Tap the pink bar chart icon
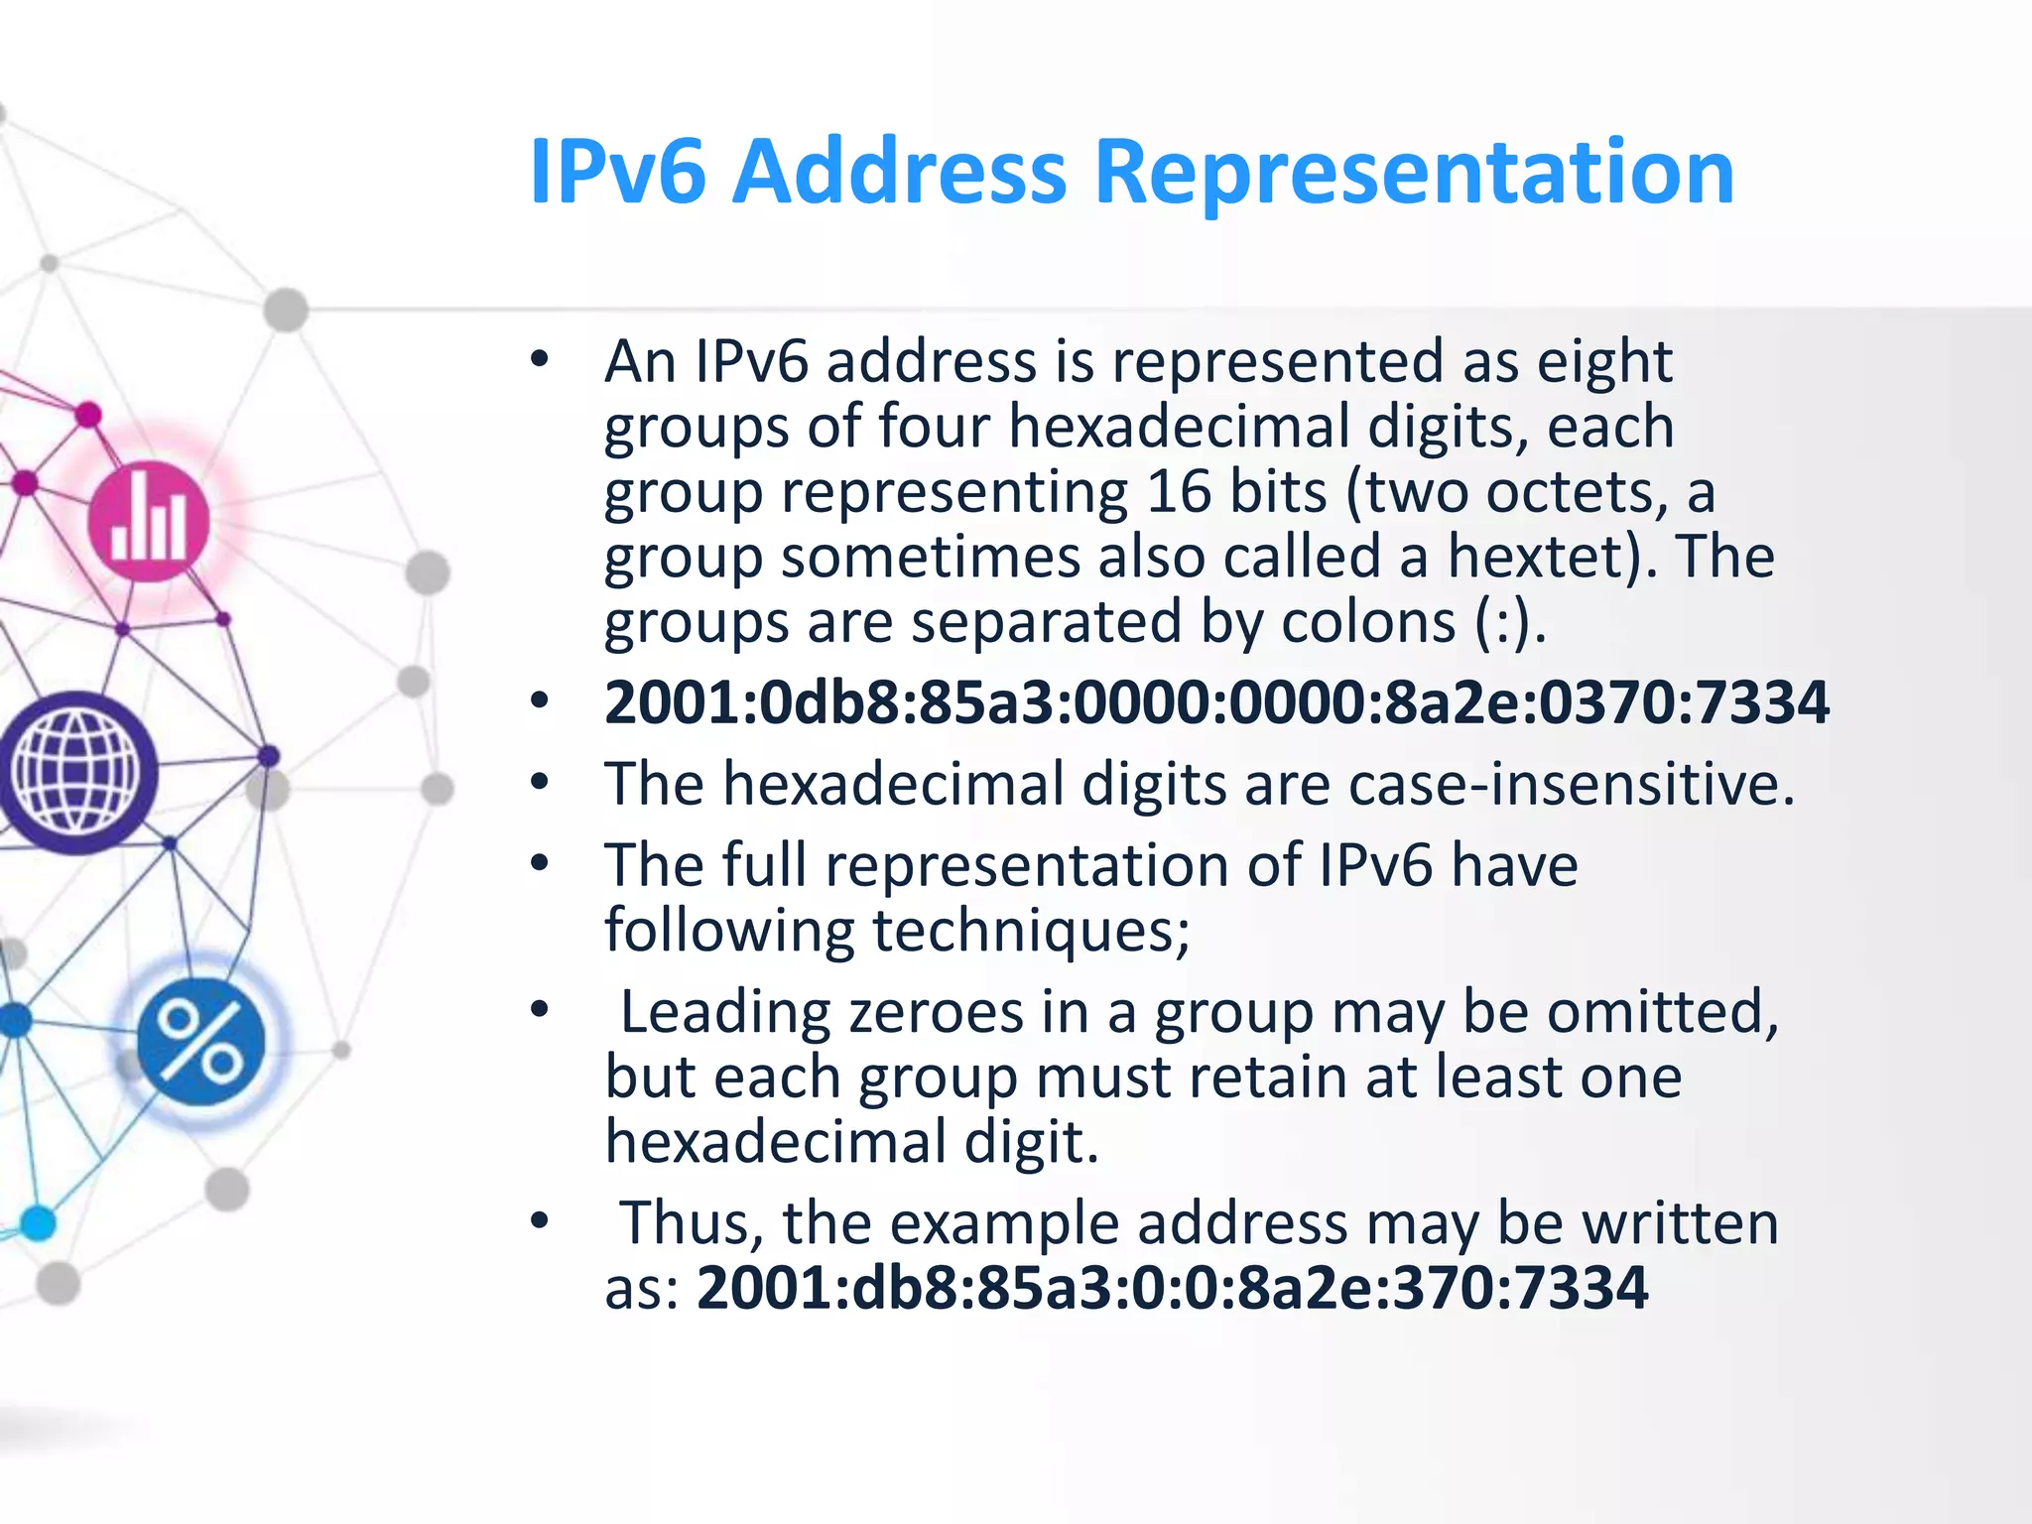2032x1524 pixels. coord(148,522)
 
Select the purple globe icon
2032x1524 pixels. coord(76,773)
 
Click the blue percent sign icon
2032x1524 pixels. coord(200,1042)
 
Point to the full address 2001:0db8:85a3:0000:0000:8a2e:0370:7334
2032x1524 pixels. coord(1216,702)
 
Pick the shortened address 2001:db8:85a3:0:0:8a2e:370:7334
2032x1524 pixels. coord(1172,1288)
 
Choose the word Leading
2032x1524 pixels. coord(725,1012)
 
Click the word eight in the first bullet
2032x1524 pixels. coord(1604,362)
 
